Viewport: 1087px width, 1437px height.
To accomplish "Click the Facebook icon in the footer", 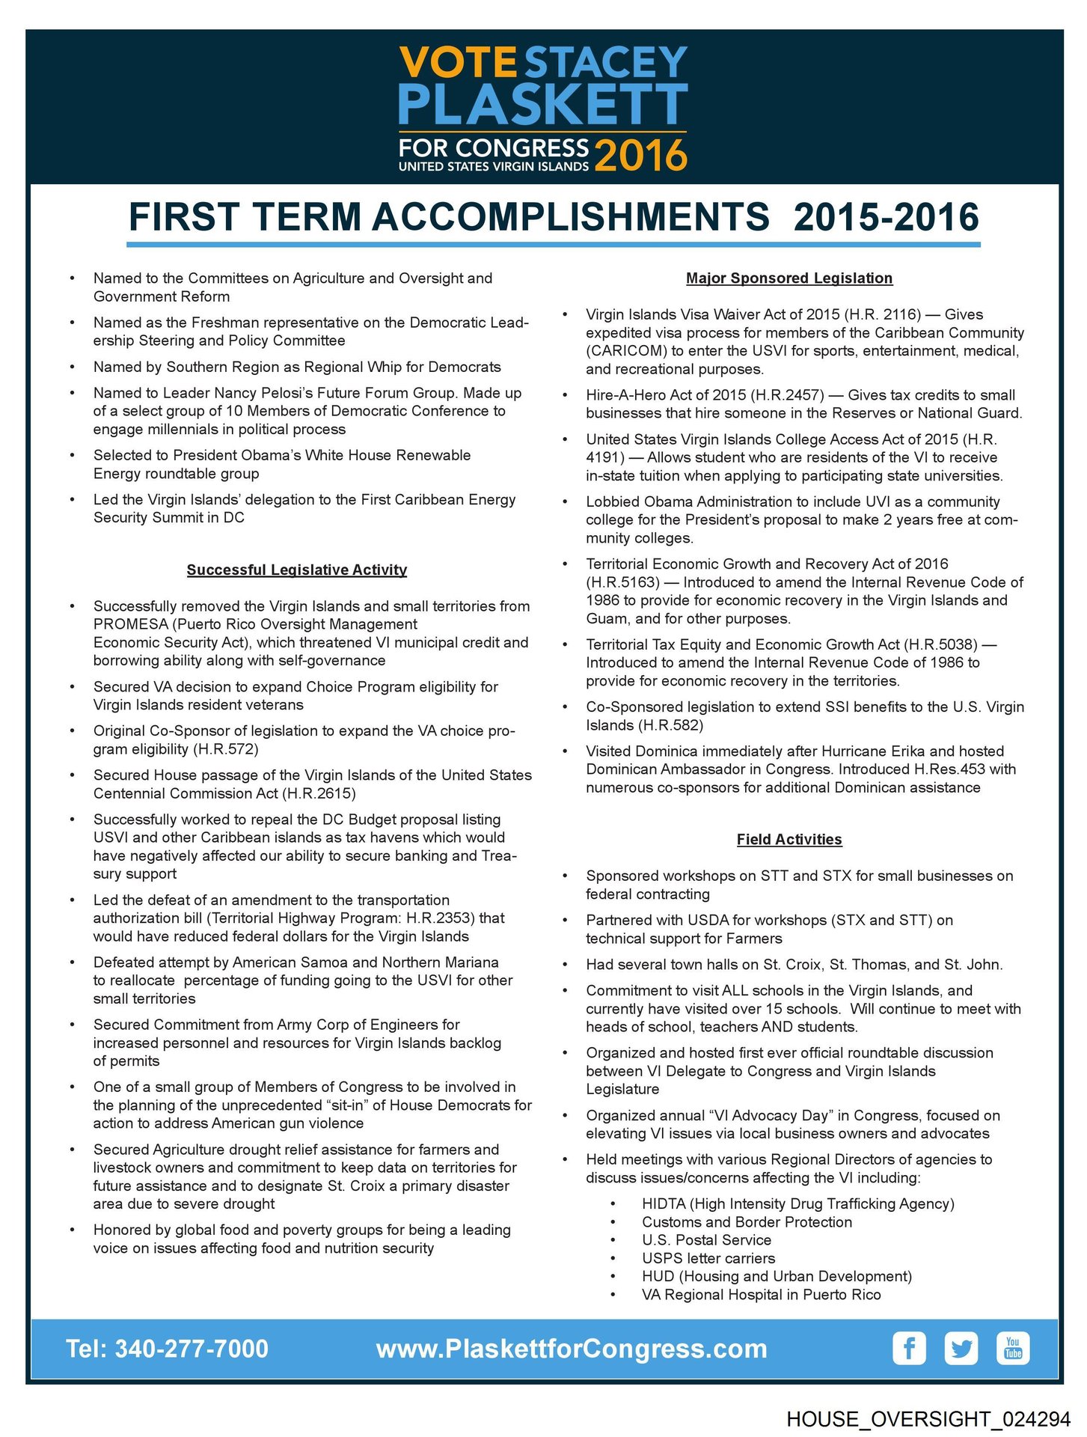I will tap(909, 1348).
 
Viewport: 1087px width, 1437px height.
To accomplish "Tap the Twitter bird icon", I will tap(961, 1348).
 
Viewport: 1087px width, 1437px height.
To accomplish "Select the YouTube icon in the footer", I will tap(1013, 1348).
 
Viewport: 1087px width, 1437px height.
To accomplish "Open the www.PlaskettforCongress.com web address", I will tap(572, 1349).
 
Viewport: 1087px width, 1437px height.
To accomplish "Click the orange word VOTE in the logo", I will tap(458, 63).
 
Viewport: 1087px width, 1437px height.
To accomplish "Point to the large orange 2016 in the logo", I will tap(640, 155).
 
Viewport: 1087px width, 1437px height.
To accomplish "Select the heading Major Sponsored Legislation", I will tap(789, 278).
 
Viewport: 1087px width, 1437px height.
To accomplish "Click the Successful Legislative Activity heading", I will tap(297, 570).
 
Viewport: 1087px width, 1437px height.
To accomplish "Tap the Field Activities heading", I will tap(789, 840).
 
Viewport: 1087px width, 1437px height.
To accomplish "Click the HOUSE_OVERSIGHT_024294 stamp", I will tap(928, 1418).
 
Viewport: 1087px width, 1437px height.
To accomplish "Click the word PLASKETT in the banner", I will tap(543, 105).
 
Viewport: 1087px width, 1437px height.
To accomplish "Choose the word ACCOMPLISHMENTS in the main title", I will tap(571, 218).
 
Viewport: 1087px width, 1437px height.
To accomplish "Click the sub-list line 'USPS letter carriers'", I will tap(708, 1258).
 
